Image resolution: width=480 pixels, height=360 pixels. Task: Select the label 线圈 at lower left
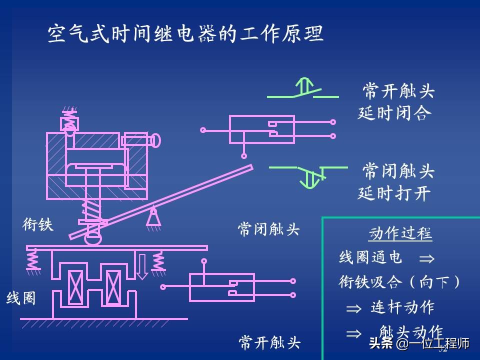(x=21, y=298)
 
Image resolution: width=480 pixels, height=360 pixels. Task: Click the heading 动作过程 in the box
(x=400, y=234)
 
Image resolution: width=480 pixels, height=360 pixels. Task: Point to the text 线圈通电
(x=370, y=258)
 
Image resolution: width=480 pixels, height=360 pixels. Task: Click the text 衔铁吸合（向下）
(x=399, y=282)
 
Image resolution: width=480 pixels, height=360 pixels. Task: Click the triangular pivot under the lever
(x=153, y=217)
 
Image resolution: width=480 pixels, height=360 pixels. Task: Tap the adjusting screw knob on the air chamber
(x=155, y=141)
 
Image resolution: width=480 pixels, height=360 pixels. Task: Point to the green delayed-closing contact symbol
(x=303, y=89)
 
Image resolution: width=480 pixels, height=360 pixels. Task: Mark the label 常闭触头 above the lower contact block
(x=268, y=229)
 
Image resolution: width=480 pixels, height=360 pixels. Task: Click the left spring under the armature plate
(x=32, y=259)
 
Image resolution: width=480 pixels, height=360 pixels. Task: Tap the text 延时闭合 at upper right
(x=394, y=113)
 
